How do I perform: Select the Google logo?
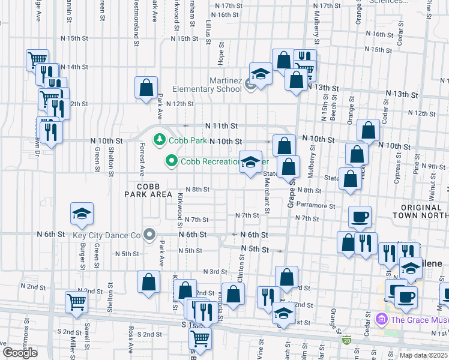pyautogui.click(x=20, y=352)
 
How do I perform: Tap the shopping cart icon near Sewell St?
pyautogui.click(x=76, y=302)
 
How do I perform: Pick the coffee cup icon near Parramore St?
pyautogui.click(x=360, y=217)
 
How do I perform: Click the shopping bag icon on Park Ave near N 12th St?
pyautogui.click(x=146, y=88)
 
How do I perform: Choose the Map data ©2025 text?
pyautogui.click(x=423, y=355)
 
